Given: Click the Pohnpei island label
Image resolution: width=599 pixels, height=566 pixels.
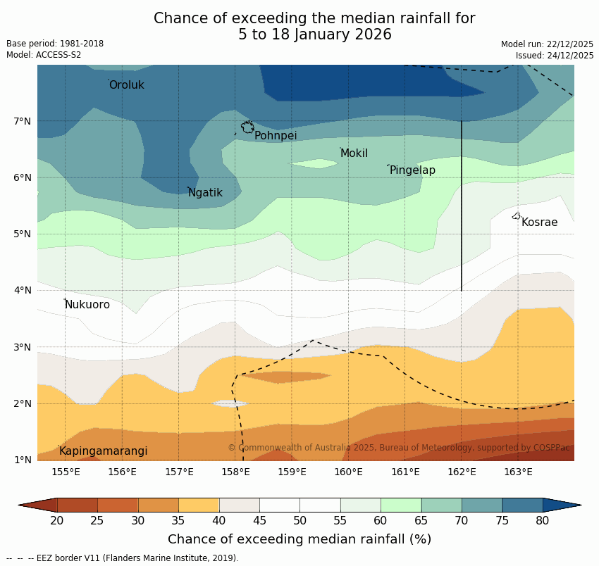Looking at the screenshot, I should pyautogui.click(x=276, y=136).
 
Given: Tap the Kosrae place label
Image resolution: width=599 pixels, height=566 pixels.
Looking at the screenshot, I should pyautogui.click(x=539, y=222).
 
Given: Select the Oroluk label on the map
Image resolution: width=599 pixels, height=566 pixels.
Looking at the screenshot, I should pyautogui.click(x=127, y=85).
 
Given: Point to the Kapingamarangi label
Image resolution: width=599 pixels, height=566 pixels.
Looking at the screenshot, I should pyautogui.click(x=103, y=451).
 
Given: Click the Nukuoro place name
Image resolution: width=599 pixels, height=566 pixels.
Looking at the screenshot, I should pyautogui.click(x=87, y=305).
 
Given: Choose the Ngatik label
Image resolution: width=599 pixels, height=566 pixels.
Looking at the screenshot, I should pyautogui.click(x=205, y=193).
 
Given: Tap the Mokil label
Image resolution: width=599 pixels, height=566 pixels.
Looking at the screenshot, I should pyautogui.click(x=354, y=153).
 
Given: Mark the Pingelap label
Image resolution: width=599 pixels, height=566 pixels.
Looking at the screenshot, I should pyautogui.click(x=412, y=170).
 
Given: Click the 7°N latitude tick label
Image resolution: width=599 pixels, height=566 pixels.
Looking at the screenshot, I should pyautogui.click(x=23, y=121).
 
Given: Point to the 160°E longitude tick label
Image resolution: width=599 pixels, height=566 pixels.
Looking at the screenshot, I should pyautogui.click(x=348, y=472).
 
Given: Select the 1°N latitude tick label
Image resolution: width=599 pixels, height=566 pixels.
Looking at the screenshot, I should pyautogui.click(x=23, y=460).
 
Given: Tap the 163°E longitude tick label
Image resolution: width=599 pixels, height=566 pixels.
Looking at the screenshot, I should pyautogui.click(x=518, y=472).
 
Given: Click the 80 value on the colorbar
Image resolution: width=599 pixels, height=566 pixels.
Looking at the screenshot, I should pyautogui.click(x=543, y=520).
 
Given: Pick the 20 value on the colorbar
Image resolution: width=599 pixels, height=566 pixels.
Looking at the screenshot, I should pyautogui.click(x=57, y=520).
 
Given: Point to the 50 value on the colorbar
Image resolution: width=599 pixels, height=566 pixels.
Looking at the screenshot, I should pyautogui.click(x=300, y=520).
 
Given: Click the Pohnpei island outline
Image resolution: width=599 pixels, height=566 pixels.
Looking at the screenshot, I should pyautogui.click(x=247, y=127).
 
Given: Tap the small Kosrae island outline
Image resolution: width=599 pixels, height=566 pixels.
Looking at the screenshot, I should pyautogui.click(x=517, y=216).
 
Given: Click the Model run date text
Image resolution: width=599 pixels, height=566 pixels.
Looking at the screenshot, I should pyautogui.click(x=547, y=44).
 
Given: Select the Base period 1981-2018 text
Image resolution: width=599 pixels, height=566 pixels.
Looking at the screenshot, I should pyautogui.click(x=55, y=44).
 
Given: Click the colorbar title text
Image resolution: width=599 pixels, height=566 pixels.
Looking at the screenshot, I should pyautogui.click(x=299, y=539).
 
